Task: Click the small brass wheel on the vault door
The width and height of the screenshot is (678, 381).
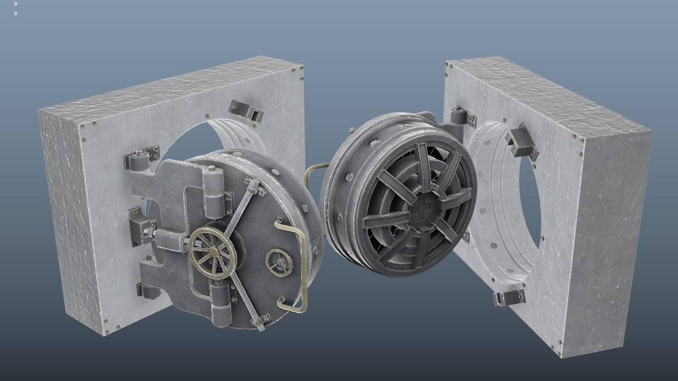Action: [279, 261]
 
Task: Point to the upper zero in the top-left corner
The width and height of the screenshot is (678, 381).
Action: [16, 4]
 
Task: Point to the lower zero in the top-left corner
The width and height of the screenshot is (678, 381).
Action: [16, 14]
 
